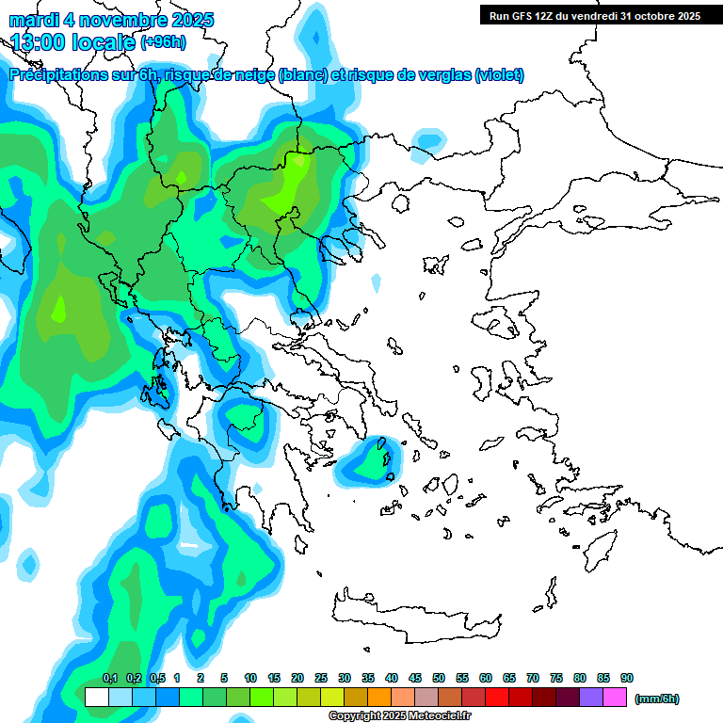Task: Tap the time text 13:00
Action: [x=37, y=41]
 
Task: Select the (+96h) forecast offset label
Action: [x=163, y=41]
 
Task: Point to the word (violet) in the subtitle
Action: [x=499, y=75]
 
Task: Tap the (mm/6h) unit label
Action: [x=656, y=699]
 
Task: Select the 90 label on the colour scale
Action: [x=626, y=679]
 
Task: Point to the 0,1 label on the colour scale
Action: [x=110, y=679]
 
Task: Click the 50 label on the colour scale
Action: [x=439, y=679]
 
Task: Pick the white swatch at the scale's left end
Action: [x=96, y=698]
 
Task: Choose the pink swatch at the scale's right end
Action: [x=615, y=698]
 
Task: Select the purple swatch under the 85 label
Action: [x=591, y=698]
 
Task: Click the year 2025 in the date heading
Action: [x=187, y=20]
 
